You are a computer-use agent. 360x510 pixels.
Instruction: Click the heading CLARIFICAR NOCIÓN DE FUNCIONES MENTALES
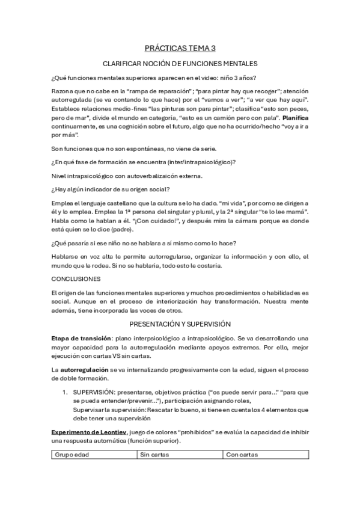(180, 63)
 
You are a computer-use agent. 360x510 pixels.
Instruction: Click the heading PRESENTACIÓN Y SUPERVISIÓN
(180, 322)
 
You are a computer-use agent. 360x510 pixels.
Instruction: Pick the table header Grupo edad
(72, 455)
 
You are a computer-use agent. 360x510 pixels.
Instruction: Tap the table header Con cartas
(242, 455)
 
